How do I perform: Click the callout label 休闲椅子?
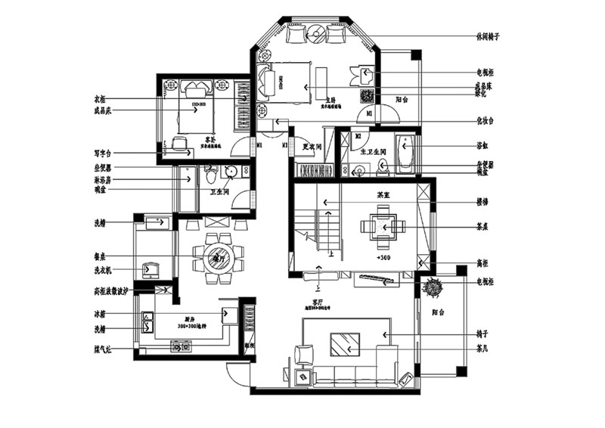click(x=489, y=36)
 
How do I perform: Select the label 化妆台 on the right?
click(x=484, y=120)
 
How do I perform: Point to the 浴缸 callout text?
click(x=480, y=145)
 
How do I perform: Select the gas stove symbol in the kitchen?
click(x=181, y=346)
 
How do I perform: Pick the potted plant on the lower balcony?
click(x=434, y=288)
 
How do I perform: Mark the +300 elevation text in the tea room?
click(x=382, y=259)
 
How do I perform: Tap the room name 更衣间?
click(x=312, y=145)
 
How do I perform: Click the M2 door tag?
click(x=357, y=136)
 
